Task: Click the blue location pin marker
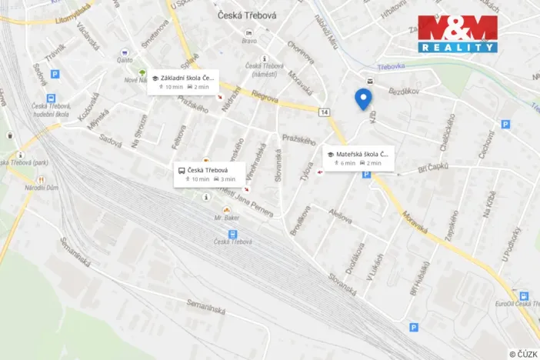pyautogui.click(x=363, y=99)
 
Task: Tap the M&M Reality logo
pyautogui.click(x=458, y=34)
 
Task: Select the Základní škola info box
pyautogui.click(x=183, y=82)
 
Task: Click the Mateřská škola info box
pyautogui.click(x=358, y=158)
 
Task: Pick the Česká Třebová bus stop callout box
pyautogui.click(x=208, y=173)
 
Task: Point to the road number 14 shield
pyautogui.click(x=325, y=112)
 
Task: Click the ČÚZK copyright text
pyautogui.click(x=522, y=353)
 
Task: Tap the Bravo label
pyautogui.click(x=248, y=42)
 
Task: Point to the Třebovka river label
pyautogui.click(x=392, y=67)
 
